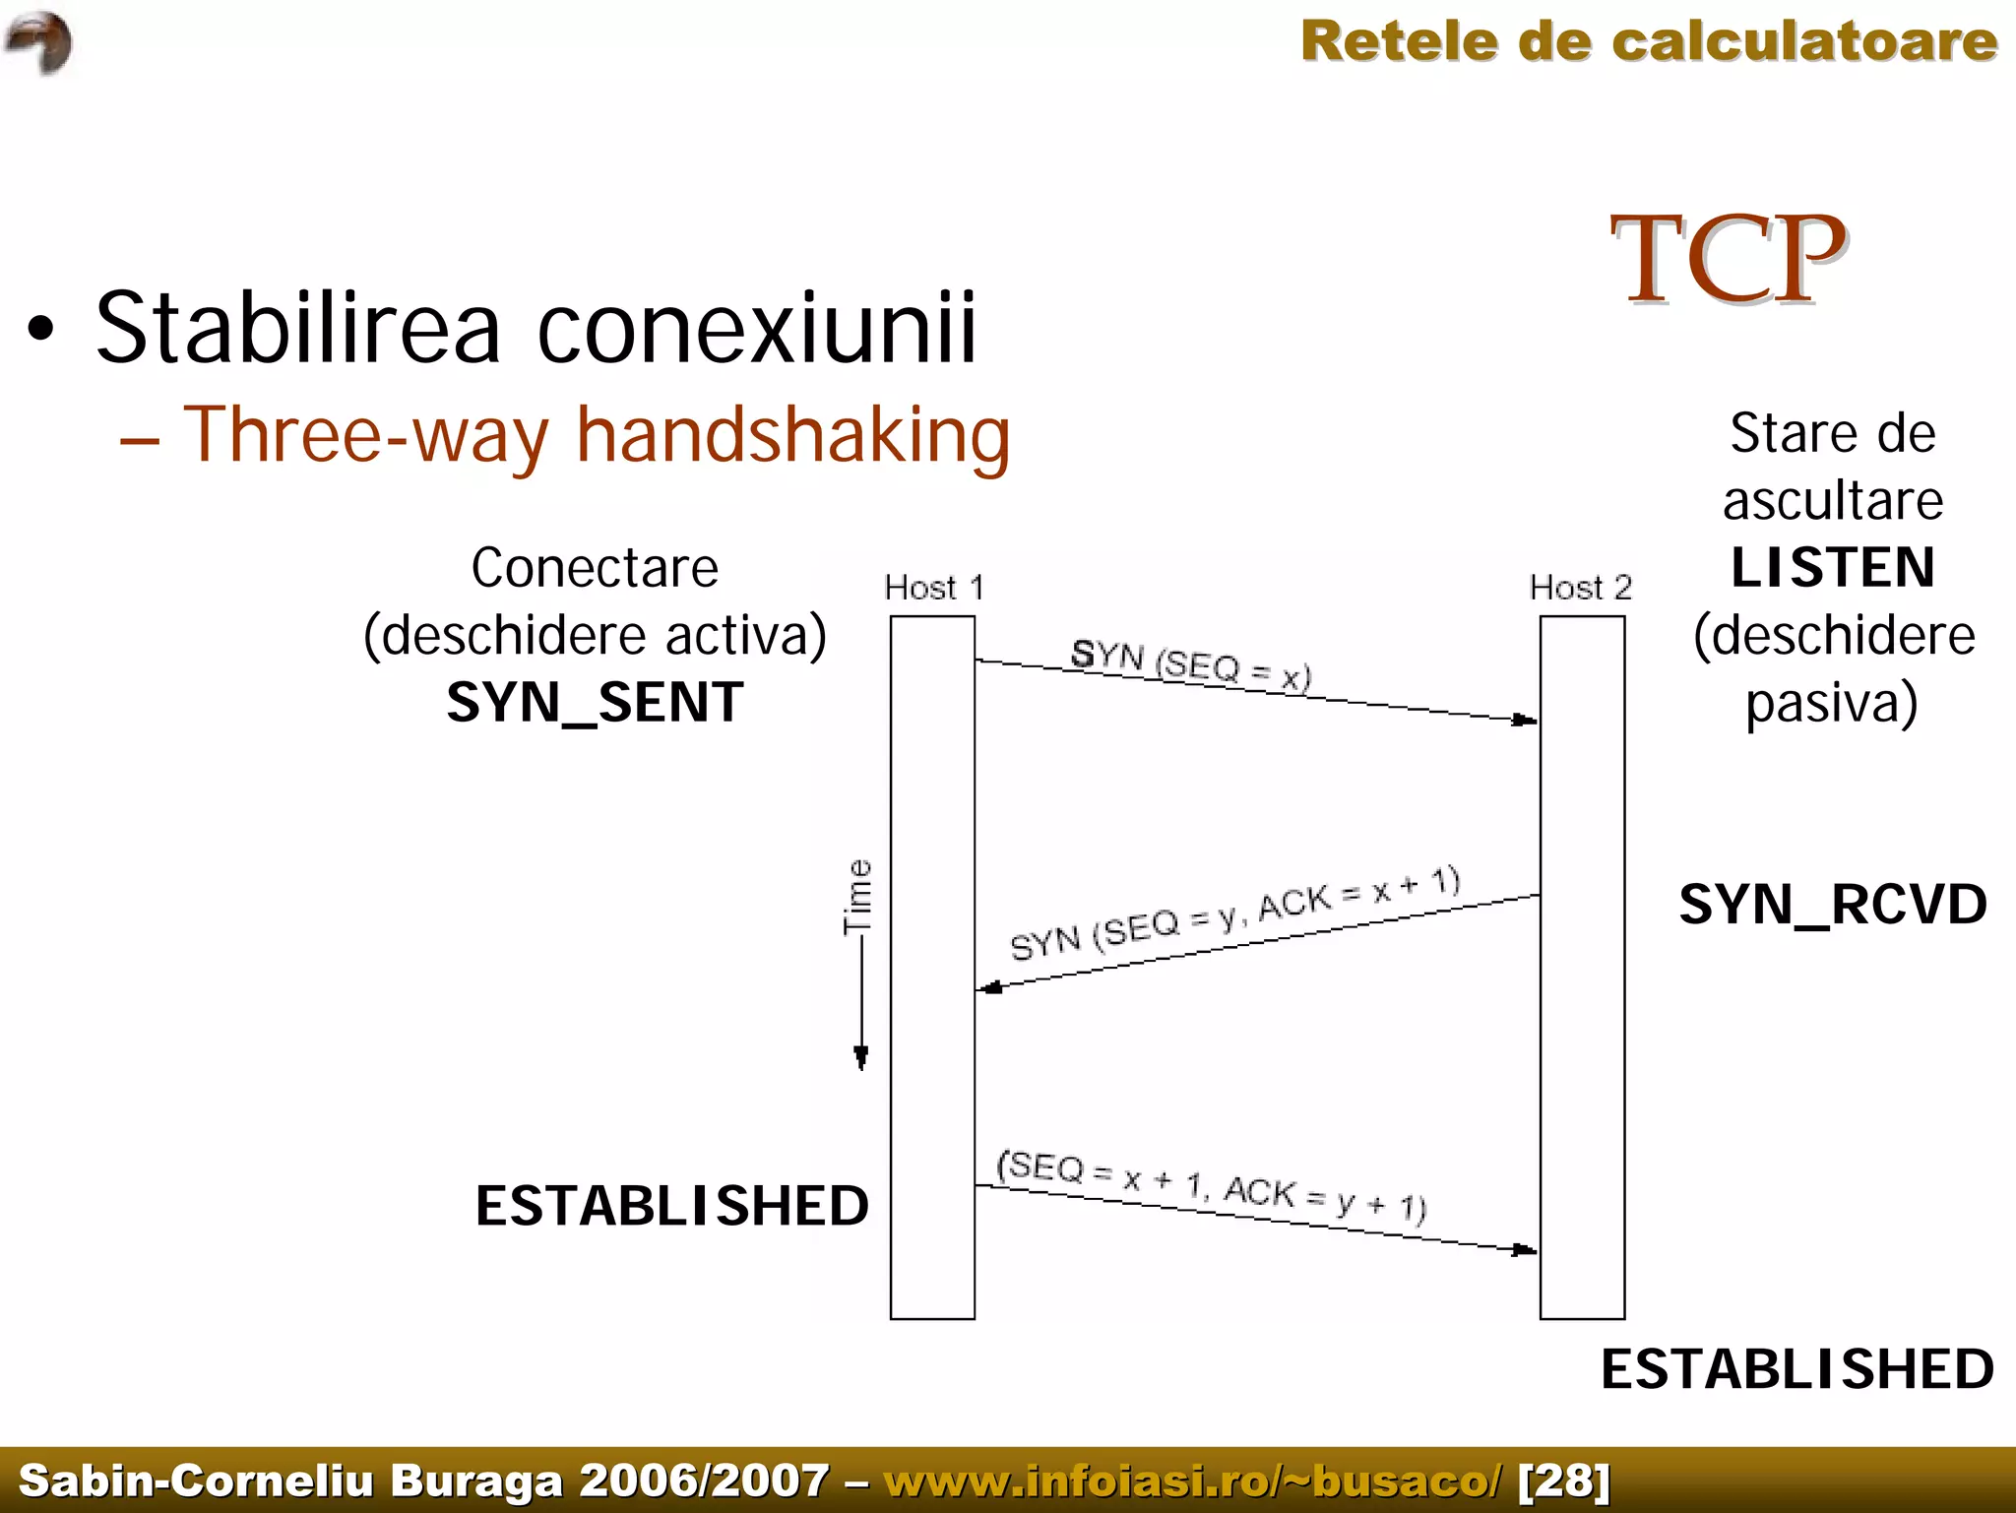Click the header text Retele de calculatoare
[1649, 42]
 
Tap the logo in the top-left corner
[38, 42]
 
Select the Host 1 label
[933, 588]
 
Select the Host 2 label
[1580, 588]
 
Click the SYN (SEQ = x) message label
[1191, 665]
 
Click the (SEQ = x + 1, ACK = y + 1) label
[1212, 1185]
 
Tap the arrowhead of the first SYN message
[1526, 720]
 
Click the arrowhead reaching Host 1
[989, 987]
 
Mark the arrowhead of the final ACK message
[1526, 1250]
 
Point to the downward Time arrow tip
[861, 1061]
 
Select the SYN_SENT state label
[595, 703]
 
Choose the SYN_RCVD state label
[1832, 905]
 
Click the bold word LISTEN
[1832, 568]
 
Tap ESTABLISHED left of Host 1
[671, 1206]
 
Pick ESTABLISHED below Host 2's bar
[1796, 1369]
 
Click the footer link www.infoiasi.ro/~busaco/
[1193, 1481]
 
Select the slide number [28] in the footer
[1564, 1481]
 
